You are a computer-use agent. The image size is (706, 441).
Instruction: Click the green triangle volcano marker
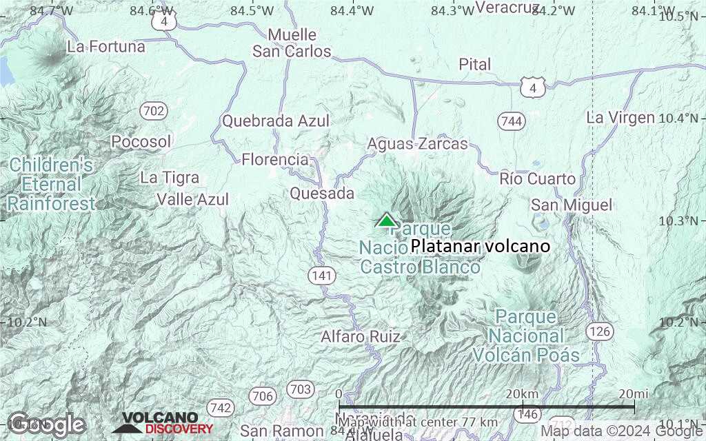(x=386, y=220)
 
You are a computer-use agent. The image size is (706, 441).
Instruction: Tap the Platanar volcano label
(x=481, y=246)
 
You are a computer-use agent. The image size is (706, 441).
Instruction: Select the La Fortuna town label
(x=106, y=47)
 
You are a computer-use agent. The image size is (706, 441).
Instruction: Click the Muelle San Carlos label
(x=292, y=43)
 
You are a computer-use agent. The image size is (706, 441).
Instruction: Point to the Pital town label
(x=475, y=65)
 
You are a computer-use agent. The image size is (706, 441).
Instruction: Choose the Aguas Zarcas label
(x=417, y=144)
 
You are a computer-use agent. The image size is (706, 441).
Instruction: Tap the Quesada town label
(x=322, y=194)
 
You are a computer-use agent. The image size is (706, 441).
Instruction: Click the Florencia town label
(x=275, y=160)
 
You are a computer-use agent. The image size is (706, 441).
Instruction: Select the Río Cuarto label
(x=538, y=179)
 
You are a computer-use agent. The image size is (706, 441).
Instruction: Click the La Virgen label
(x=621, y=117)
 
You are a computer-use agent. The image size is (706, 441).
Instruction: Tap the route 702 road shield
(x=152, y=110)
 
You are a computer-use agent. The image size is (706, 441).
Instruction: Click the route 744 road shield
(x=512, y=121)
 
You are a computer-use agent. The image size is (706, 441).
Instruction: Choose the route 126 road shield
(x=600, y=331)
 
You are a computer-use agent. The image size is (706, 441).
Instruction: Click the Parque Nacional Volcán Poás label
(x=526, y=336)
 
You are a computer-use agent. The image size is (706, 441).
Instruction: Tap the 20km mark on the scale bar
(x=521, y=393)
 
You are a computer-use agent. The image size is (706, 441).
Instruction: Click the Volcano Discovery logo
(x=163, y=422)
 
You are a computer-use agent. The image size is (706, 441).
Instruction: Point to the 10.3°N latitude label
(x=683, y=220)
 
